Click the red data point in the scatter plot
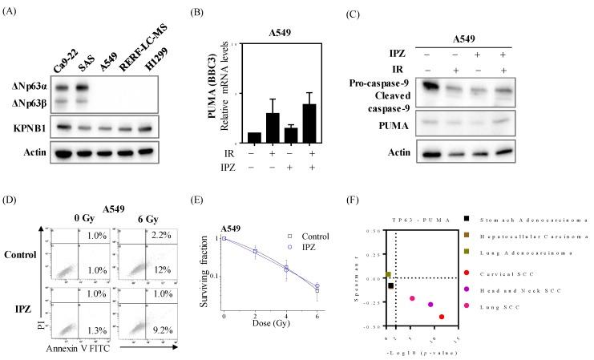coord(442,318)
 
